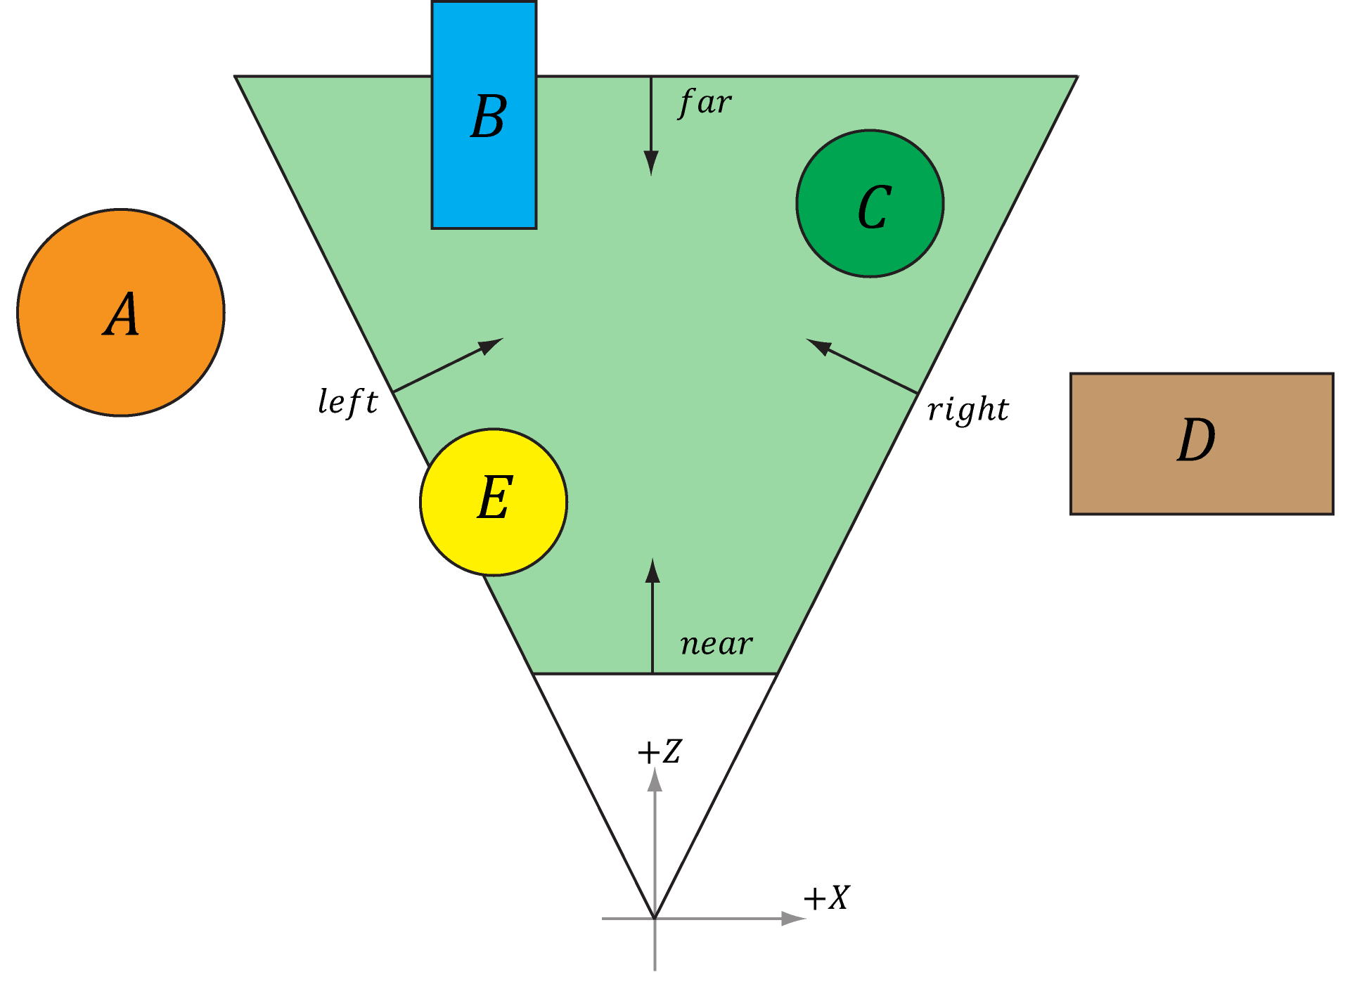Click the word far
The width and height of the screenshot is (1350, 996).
pyautogui.click(x=705, y=103)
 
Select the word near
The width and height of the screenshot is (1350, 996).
pyautogui.click(x=716, y=644)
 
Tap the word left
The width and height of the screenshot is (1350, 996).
pyautogui.click(x=348, y=402)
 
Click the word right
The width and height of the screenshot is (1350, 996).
pyautogui.click(x=968, y=409)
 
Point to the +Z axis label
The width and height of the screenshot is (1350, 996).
pyautogui.click(x=660, y=751)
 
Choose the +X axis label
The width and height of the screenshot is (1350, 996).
pyautogui.click(x=827, y=898)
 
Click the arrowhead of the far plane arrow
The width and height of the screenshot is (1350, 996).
pyautogui.click(x=651, y=164)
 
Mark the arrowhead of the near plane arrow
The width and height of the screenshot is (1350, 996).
pyautogui.click(x=652, y=570)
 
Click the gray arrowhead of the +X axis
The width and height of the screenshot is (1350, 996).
pyautogui.click(x=794, y=918)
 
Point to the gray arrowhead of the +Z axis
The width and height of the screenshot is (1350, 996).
pyautogui.click(x=655, y=779)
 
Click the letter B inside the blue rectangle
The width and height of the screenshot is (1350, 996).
pyautogui.click(x=489, y=117)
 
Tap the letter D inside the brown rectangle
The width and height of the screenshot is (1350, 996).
pyautogui.click(x=1196, y=440)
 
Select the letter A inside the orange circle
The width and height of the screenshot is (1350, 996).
pyautogui.click(x=121, y=314)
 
